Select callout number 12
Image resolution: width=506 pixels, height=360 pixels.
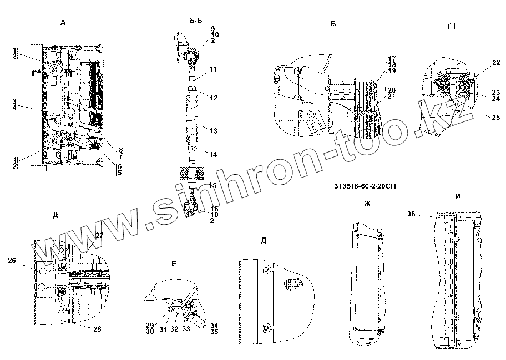[214, 98]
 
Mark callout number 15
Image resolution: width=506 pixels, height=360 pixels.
[214, 185]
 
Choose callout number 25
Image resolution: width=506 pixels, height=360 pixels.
[495, 117]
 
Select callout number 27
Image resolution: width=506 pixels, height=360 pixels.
[99, 236]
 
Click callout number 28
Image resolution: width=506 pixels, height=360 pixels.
[97, 329]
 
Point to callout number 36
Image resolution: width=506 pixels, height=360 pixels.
[411, 213]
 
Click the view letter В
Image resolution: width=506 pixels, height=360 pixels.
[332, 24]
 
